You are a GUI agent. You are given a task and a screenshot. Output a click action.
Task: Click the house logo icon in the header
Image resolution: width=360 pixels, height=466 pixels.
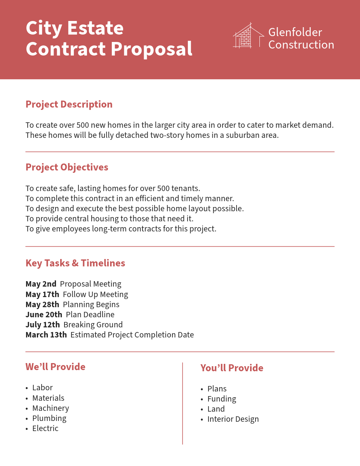248,36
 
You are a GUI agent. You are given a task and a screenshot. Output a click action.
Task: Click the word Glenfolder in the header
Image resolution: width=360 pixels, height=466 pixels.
295,32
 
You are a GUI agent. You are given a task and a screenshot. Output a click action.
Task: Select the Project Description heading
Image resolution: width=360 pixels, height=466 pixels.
69,104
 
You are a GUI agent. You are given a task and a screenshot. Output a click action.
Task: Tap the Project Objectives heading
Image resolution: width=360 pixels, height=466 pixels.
67,167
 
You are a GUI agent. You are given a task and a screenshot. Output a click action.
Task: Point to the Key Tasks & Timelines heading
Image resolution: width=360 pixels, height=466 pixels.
75,263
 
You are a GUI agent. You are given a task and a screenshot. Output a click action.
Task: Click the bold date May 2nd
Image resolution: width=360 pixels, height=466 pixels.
41,284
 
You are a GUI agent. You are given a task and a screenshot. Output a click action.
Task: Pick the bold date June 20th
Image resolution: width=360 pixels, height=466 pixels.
44,315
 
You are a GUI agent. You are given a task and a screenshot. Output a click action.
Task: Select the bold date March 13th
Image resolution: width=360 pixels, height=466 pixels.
46,335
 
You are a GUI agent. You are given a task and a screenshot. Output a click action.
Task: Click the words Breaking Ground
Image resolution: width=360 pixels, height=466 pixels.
93,325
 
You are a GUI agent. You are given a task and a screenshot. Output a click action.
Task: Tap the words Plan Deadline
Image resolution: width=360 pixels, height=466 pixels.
90,315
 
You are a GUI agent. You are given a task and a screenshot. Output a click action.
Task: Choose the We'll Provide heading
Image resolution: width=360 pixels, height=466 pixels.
56,367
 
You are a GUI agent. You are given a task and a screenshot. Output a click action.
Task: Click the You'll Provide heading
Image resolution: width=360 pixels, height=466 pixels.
232,368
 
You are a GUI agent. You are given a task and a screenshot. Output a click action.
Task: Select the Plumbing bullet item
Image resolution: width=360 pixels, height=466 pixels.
49,418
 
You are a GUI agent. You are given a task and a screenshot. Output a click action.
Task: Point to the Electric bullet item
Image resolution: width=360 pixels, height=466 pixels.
45,428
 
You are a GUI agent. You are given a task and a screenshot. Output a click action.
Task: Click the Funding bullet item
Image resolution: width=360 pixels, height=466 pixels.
222,399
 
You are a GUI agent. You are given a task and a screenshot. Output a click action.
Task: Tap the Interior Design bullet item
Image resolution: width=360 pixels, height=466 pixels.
233,419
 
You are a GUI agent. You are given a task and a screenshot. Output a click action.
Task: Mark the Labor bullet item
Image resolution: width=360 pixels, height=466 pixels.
42,388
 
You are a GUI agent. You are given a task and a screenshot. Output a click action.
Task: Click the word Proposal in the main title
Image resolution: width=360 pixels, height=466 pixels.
151,49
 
